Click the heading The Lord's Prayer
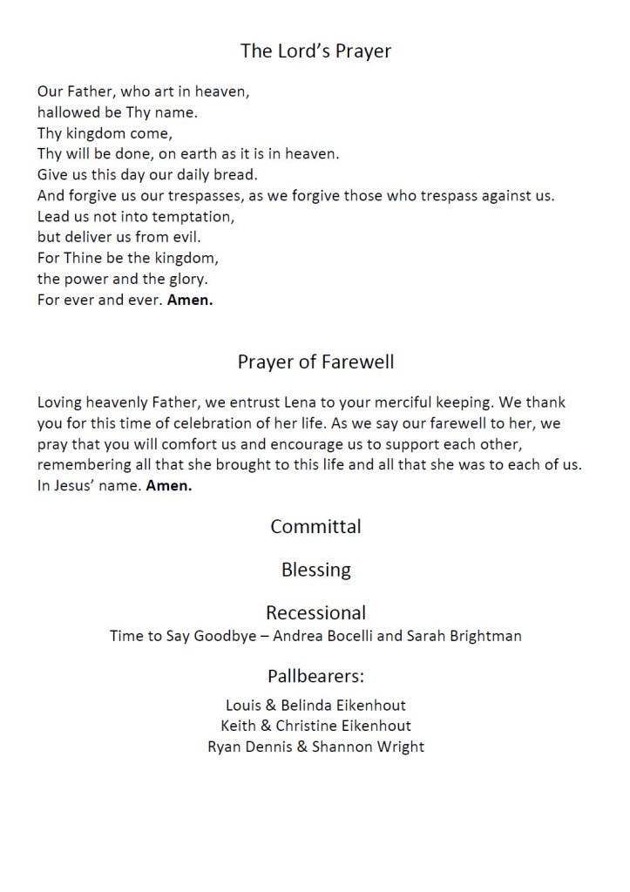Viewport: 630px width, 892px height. coord(315,51)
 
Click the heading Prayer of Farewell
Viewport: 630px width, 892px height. coord(315,362)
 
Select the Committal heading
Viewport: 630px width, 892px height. coord(315,526)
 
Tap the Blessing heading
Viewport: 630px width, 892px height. coord(315,570)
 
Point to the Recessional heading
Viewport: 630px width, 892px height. coord(315,612)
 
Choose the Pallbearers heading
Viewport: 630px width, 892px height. coord(315,676)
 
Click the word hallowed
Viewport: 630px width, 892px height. coord(69,111)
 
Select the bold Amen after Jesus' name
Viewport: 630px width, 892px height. coord(169,486)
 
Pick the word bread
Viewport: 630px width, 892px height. coord(234,175)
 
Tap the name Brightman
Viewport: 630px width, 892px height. coord(484,636)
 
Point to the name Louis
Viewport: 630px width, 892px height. coord(244,705)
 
